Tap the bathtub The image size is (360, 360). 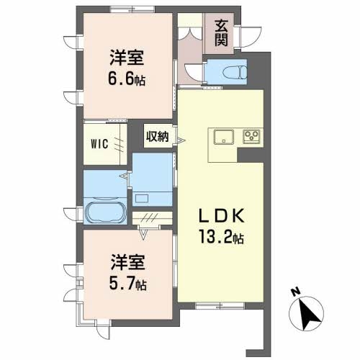coord(105,212)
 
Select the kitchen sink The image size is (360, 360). coord(224,137)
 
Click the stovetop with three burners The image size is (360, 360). coord(251,137)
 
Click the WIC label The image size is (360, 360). coord(99,144)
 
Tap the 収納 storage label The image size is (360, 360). coord(158,137)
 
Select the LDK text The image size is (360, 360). coord(221,216)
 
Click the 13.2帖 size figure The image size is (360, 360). coord(221,236)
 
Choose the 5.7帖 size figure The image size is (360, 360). coord(127,284)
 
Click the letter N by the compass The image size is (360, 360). coord(296,291)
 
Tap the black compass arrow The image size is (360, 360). coord(308,313)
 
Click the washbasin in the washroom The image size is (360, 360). coord(142,199)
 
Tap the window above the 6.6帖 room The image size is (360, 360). coord(132,9)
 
